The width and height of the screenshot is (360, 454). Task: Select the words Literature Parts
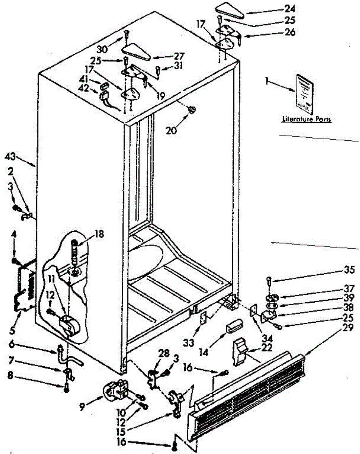pyautogui.click(x=307, y=120)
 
